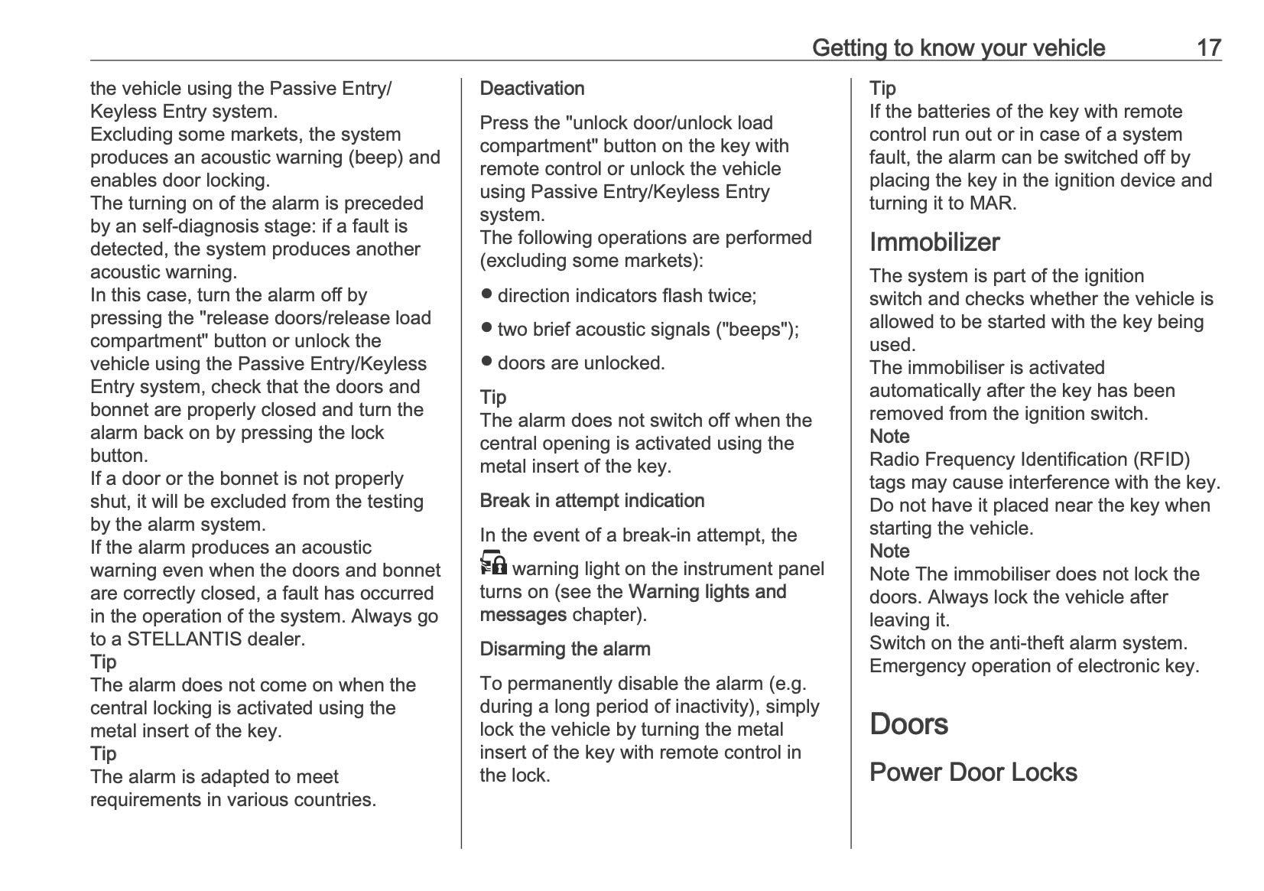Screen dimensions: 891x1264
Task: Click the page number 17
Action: click(1208, 47)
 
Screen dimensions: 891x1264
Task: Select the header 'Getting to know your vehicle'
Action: click(958, 47)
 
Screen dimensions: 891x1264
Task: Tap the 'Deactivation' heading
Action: click(531, 89)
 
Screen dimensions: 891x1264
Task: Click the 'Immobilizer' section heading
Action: click(934, 242)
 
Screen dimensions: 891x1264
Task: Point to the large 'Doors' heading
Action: click(908, 724)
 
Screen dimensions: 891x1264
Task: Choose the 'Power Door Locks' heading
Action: click(973, 772)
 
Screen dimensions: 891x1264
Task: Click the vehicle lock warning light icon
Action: click(493, 563)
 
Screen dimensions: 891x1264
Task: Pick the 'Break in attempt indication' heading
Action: click(592, 501)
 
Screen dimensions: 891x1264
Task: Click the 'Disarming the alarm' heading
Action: click(564, 649)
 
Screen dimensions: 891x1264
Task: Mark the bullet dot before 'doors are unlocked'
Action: click(486, 361)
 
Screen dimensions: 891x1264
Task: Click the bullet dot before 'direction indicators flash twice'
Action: click(486, 294)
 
